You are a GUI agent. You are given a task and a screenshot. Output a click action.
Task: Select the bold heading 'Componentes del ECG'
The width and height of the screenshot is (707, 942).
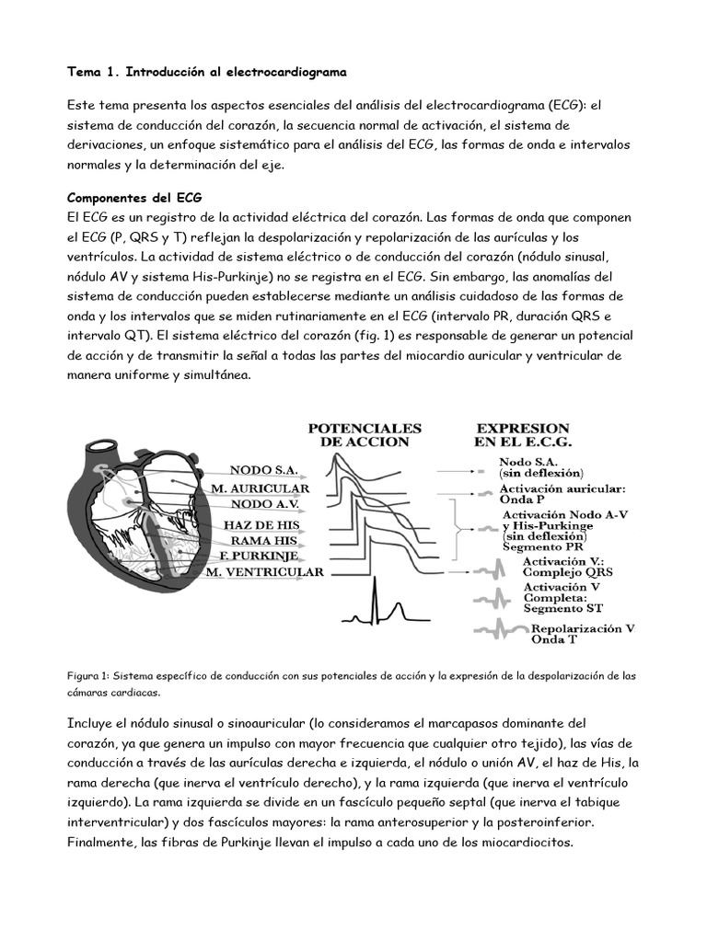pos(135,198)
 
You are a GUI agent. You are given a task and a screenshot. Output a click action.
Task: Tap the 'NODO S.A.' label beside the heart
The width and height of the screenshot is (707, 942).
pos(264,469)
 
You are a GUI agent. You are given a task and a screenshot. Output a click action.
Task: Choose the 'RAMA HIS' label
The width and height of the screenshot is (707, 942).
pos(270,540)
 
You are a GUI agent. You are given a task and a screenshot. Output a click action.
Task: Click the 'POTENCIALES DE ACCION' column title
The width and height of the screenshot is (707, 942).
pos(365,435)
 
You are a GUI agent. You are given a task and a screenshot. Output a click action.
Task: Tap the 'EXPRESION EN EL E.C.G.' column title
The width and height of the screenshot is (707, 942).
pos(521,435)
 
